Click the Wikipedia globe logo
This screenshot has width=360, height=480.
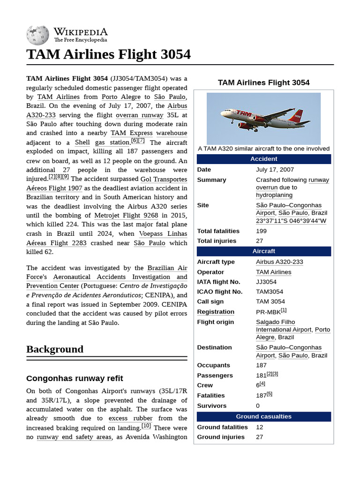(37, 35)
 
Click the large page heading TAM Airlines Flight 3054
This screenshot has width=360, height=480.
(108, 54)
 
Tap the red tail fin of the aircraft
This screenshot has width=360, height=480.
(297, 116)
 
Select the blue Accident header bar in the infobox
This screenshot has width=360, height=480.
(263, 159)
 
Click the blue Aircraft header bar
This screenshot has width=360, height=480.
(263, 251)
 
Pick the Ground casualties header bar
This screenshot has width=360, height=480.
(263, 416)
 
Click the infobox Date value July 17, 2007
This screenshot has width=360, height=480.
(275, 170)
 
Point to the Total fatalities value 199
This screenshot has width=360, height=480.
(261, 231)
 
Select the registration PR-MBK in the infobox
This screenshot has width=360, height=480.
(268, 312)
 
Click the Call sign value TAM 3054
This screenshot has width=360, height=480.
(270, 301)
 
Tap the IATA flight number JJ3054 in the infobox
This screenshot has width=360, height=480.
(266, 282)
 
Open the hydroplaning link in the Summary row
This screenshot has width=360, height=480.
(274, 195)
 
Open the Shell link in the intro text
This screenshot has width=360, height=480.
(82, 142)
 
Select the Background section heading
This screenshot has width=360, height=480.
(55, 349)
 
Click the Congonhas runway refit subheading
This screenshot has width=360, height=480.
(75, 378)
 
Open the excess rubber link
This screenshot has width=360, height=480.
(130, 418)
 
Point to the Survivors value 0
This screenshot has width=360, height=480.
(258, 405)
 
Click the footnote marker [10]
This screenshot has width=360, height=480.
(146, 426)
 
